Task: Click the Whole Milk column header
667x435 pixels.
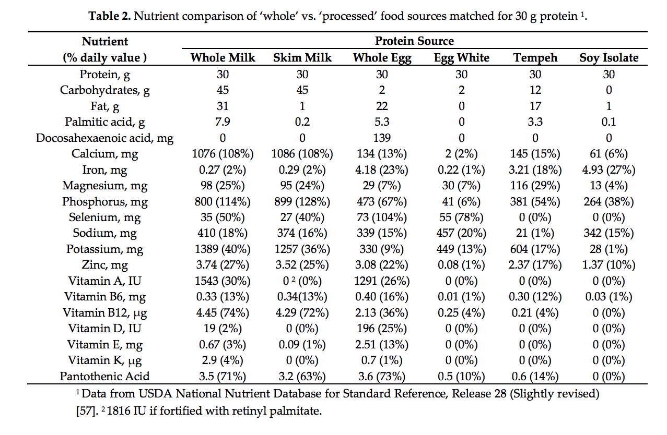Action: click(x=223, y=57)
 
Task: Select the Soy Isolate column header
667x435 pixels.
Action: click(x=609, y=57)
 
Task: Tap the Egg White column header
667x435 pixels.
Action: click(x=462, y=57)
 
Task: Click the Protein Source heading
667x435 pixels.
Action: click(x=414, y=41)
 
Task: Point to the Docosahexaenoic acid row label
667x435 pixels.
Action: click(x=104, y=138)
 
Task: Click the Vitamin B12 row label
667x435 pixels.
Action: click(x=104, y=313)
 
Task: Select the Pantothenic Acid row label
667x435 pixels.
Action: click(x=104, y=377)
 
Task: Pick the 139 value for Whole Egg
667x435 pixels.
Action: click(x=382, y=138)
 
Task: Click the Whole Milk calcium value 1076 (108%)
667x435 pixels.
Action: click(x=223, y=154)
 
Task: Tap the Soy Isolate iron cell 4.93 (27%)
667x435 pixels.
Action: click(x=609, y=170)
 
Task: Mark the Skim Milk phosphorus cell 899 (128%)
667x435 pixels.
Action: click(x=302, y=202)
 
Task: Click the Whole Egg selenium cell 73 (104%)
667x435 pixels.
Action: click(x=382, y=217)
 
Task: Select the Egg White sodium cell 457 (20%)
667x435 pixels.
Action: click(x=462, y=233)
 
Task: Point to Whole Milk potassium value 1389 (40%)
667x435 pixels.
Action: click(x=223, y=249)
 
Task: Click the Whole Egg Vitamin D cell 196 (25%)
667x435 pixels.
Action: click(x=382, y=329)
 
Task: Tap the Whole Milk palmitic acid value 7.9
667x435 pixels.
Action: click(x=223, y=122)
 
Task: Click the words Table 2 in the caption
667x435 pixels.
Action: click(x=110, y=16)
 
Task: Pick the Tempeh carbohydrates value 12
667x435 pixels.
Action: click(x=535, y=90)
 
